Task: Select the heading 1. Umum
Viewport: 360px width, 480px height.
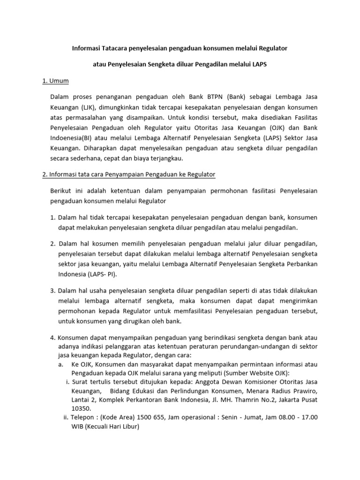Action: [56, 81]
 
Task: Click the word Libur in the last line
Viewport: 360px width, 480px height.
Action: [129, 427]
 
